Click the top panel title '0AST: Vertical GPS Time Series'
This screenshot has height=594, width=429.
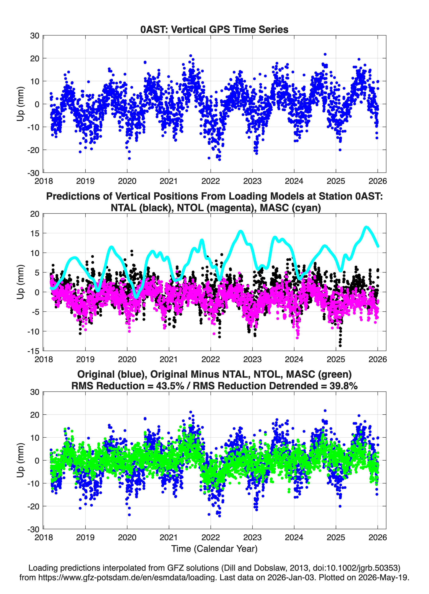coord(214,29)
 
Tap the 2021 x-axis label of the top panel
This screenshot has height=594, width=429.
coord(169,181)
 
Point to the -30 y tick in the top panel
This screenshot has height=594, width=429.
coord(33,173)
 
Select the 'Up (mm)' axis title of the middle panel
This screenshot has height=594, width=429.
coord(21,282)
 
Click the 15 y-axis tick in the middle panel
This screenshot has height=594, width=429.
coord(35,233)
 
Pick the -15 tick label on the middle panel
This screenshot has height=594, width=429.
coord(33,351)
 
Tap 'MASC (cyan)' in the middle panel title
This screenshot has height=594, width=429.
coord(290,208)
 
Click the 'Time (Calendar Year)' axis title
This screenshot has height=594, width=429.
coord(214,548)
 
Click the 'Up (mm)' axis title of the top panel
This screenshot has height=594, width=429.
coord(21,104)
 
